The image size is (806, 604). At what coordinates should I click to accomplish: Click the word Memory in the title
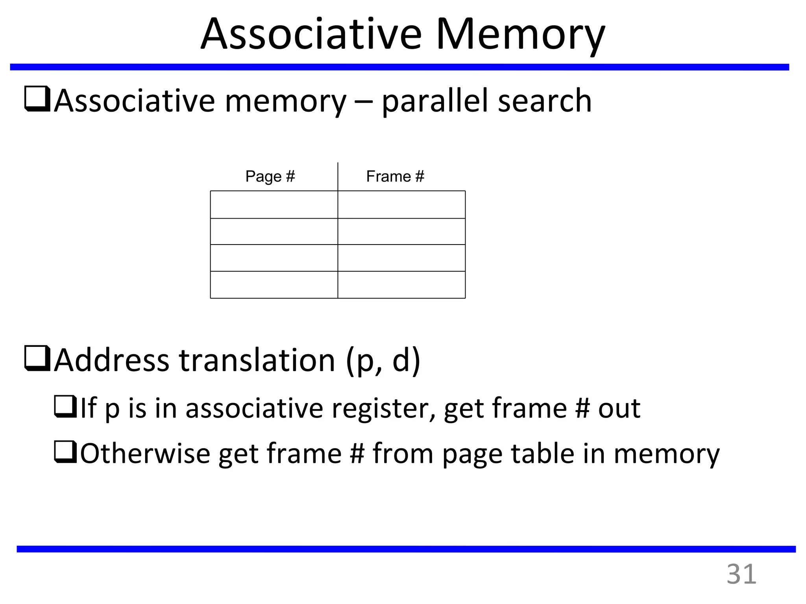point(520,35)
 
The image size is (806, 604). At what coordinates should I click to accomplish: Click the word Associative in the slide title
point(311,35)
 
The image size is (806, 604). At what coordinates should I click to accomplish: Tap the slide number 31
point(741,575)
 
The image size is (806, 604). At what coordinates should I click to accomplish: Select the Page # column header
point(270,177)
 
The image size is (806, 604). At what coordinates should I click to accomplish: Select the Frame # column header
point(395,177)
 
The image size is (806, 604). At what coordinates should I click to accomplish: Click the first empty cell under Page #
point(274,204)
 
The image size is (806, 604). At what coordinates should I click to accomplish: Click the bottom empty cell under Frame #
point(401,285)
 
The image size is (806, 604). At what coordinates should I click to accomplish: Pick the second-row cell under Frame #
point(401,231)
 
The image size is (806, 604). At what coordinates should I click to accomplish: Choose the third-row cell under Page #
point(274,258)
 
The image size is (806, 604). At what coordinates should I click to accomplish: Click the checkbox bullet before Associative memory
point(37,99)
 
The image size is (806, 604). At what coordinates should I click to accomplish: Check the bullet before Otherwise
point(65,452)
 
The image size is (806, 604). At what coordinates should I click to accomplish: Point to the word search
point(545,101)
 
